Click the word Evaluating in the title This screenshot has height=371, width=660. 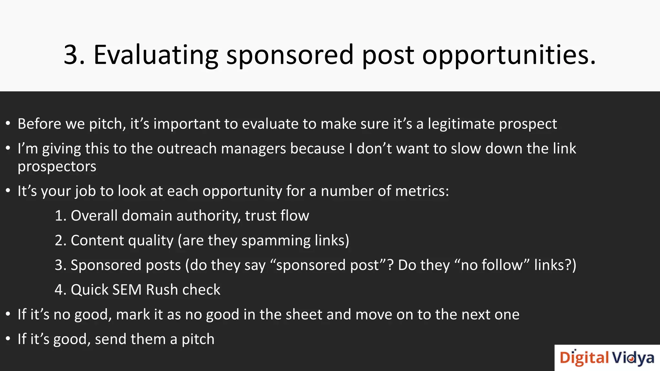pos(156,55)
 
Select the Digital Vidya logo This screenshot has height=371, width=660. pos(607,358)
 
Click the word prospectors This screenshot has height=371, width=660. pos(57,167)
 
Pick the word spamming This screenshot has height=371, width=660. pos(276,241)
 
